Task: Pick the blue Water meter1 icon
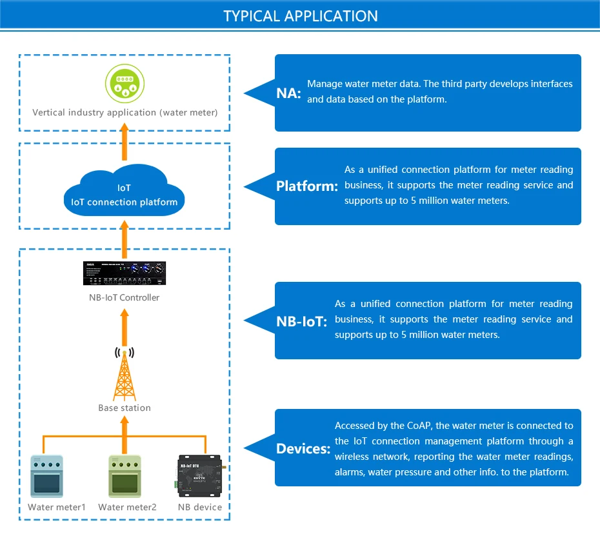47,477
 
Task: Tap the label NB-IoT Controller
125,297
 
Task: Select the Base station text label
125,408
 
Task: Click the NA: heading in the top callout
288,93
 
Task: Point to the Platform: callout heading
307,186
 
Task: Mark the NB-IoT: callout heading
302,321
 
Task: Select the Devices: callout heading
303,448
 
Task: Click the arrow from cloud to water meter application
125,141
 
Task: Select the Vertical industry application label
125,113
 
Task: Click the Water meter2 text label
127,507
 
